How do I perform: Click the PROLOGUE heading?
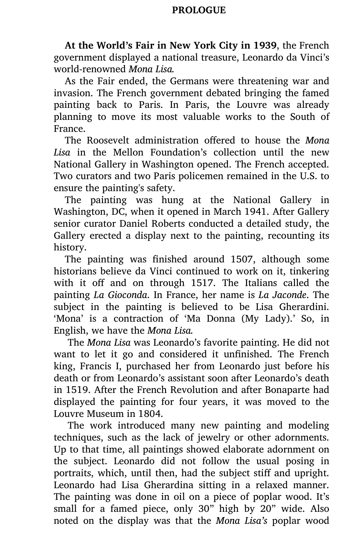click(x=198, y=10)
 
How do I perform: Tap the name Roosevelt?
click(x=107, y=141)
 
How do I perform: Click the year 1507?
click(x=242, y=259)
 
